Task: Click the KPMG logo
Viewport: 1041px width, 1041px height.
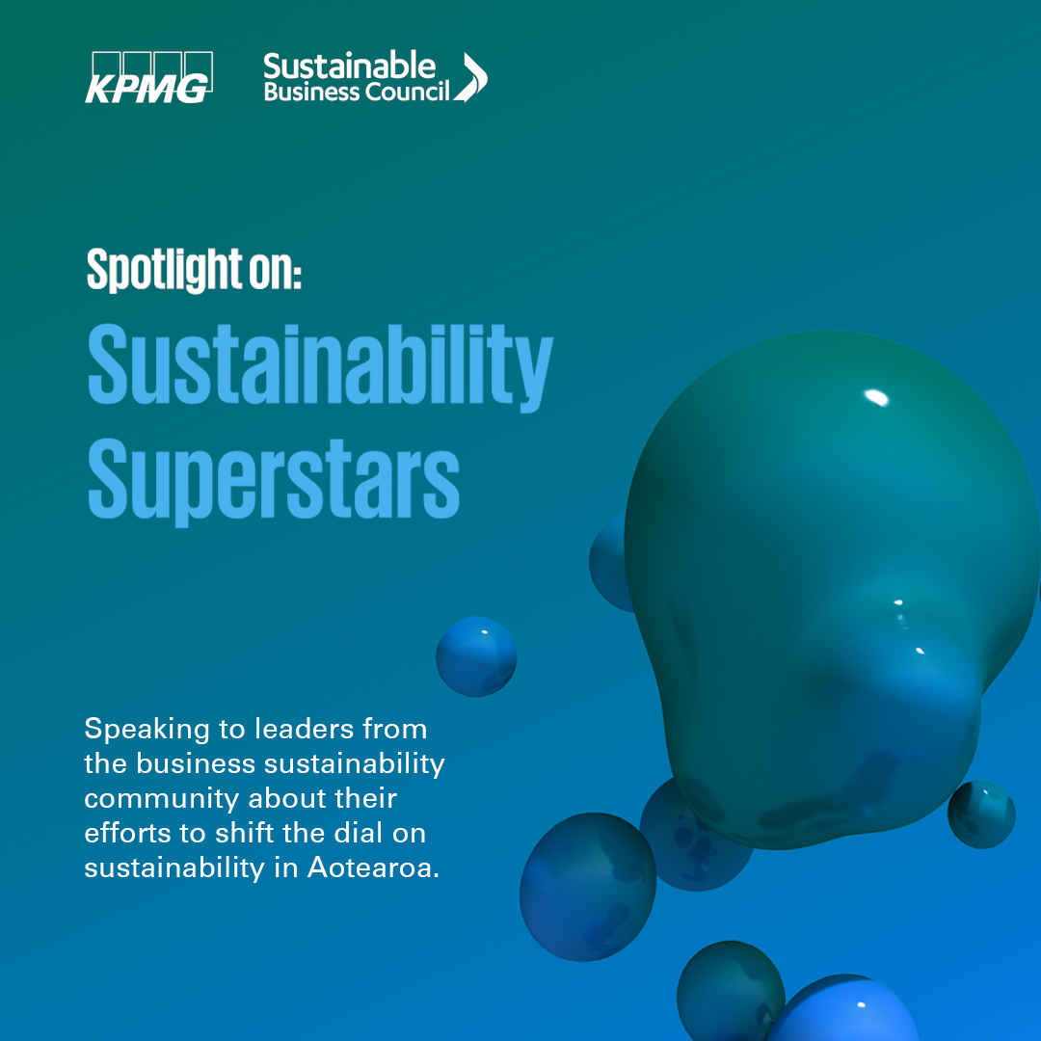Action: (148, 78)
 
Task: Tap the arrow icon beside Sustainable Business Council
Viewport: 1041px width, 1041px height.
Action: (471, 77)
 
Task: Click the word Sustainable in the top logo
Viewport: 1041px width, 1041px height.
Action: (349, 66)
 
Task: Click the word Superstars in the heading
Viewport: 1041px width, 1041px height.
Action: (274, 480)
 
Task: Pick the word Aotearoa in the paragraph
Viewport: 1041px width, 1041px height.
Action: (373, 867)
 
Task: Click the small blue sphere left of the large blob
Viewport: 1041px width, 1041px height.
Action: (476, 656)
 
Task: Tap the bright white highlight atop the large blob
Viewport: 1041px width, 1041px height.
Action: (876, 397)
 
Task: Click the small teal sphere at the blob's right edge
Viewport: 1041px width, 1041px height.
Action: (981, 814)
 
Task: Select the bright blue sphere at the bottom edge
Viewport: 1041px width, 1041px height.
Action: (843, 1009)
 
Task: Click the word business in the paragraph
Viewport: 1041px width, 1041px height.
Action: (196, 763)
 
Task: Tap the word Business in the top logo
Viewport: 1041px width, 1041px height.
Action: (311, 92)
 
